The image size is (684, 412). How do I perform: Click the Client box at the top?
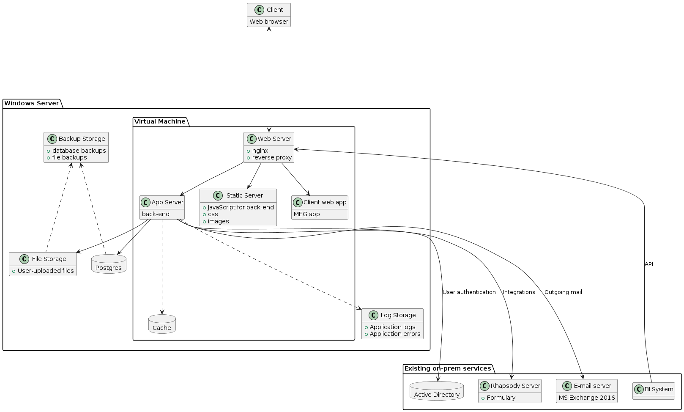[269, 15]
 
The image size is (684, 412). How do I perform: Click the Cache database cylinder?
[162, 324]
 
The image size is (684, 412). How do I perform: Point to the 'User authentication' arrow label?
[469, 292]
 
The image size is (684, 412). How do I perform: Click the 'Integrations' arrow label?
[519, 292]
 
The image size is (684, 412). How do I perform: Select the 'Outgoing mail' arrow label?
[563, 292]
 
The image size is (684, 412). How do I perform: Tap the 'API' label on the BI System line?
[648, 264]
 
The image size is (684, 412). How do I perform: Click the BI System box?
[654, 391]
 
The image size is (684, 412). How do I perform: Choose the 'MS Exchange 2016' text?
[587, 398]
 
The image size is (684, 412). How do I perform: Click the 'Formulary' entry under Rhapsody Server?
[501, 398]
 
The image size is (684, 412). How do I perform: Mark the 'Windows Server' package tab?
[32, 103]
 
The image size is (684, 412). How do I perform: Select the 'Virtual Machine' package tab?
[160, 121]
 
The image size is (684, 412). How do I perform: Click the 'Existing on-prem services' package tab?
[448, 368]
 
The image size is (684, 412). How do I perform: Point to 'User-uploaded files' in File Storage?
[46, 271]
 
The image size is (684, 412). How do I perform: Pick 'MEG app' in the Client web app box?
[307, 214]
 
